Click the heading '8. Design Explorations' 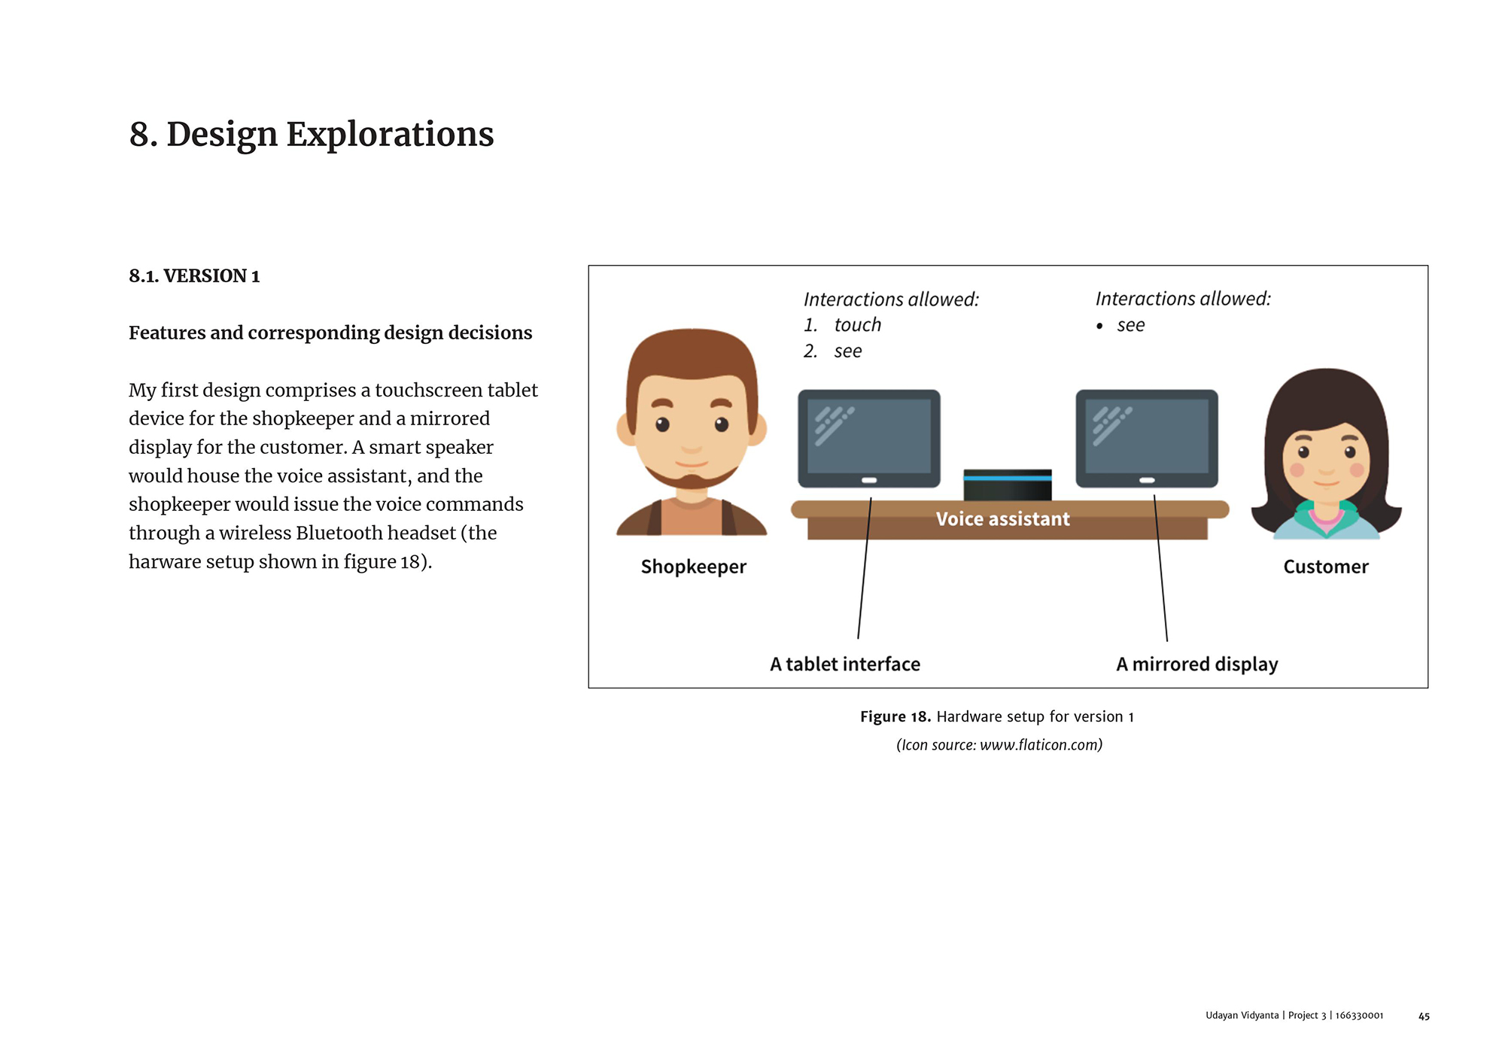pyautogui.click(x=312, y=135)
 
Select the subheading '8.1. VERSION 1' pyautogui.click(x=194, y=276)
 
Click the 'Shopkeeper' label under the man pyautogui.click(x=693, y=567)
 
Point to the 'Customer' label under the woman pyautogui.click(x=1326, y=567)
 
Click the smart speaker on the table pyautogui.click(x=1008, y=485)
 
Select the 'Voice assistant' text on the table pyautogui.click(x=1002, y=519)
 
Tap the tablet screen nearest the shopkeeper pyautogui.click(x=869, y=436)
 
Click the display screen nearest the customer pyautogui.click(x=1147, y=436)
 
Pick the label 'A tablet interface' pyautogui.click(x=845, y=664)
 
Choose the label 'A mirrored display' pyautogui.click(x=1197, y=664)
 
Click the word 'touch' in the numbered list pyautogui.click(x=858, y=325)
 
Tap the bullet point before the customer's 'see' pyautogui.click(x=1099, y=326)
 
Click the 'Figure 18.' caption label pyautogui.click(x=895, y=717)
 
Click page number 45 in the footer pyautogui.click(x=1424, y=1017)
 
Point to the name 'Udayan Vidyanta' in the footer pyautogui.click(x=1242, y=1016)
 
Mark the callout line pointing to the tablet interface pyautogui.click(x=865, y=568)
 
